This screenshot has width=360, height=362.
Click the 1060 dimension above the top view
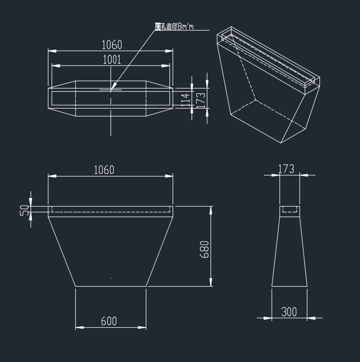[x=111, y=45]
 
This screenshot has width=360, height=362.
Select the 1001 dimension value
[x=111, y=60]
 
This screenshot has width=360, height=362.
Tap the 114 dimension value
[x=185, y=99]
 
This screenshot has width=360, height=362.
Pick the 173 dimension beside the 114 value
[x=200, y=99]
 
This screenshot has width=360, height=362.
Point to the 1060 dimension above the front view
[x=104, y=170]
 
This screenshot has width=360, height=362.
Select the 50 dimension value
[x=24, y=210]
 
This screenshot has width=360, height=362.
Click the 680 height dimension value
[x=204, y=249]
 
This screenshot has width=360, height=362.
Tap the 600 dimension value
[x=108, y=321]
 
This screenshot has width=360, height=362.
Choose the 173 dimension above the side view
[x=286, y=169]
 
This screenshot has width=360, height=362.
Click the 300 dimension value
[x=289, y=312]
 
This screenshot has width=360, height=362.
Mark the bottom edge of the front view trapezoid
[x=111, y=286]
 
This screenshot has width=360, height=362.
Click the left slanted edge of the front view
[x=62, y=251]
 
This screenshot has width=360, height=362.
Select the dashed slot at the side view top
[x=289, y=210]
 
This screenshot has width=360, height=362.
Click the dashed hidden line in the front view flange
[x=111, y=212]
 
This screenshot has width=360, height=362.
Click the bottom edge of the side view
[x=289, y=286]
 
